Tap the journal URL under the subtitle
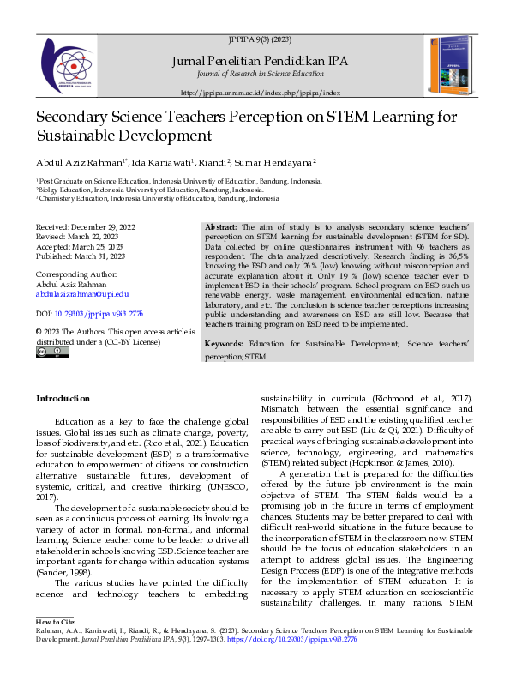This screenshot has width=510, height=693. (261, 92)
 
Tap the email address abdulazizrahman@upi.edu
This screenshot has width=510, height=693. (81, 293)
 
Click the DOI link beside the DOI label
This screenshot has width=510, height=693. (94, 315)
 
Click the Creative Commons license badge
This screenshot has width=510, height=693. (46, 352)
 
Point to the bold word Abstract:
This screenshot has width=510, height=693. (222, 224)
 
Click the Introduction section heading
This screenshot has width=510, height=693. (62, 398)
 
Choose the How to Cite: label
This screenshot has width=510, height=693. (56, 644)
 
